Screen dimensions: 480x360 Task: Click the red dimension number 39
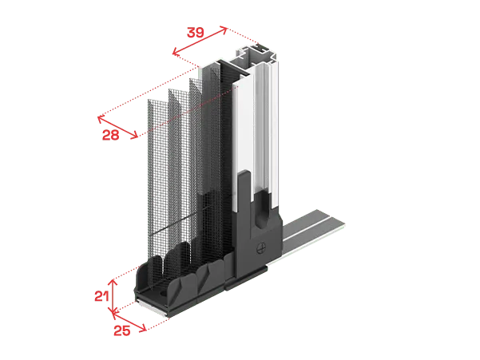pos(196,33)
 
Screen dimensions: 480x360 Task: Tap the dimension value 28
pos(110,135)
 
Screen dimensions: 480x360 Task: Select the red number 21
pos(101,296)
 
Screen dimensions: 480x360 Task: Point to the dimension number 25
pos(122,330)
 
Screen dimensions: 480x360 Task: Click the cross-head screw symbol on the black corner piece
pos(260,247)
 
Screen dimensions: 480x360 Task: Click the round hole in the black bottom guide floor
pos(163,293)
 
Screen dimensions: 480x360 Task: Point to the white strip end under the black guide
pos(152,307)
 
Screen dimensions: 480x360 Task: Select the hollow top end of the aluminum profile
pos(256,54)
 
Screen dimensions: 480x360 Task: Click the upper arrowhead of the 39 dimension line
pos(224,30)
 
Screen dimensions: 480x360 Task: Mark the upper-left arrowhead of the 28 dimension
pos(101,119)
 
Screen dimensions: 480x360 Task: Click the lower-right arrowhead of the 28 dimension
pos(135,136)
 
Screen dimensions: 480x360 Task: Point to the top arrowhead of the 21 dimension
pos(113,283)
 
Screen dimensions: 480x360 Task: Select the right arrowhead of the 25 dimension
pos(143,329)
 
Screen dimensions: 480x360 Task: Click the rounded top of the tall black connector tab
pos(244,173)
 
